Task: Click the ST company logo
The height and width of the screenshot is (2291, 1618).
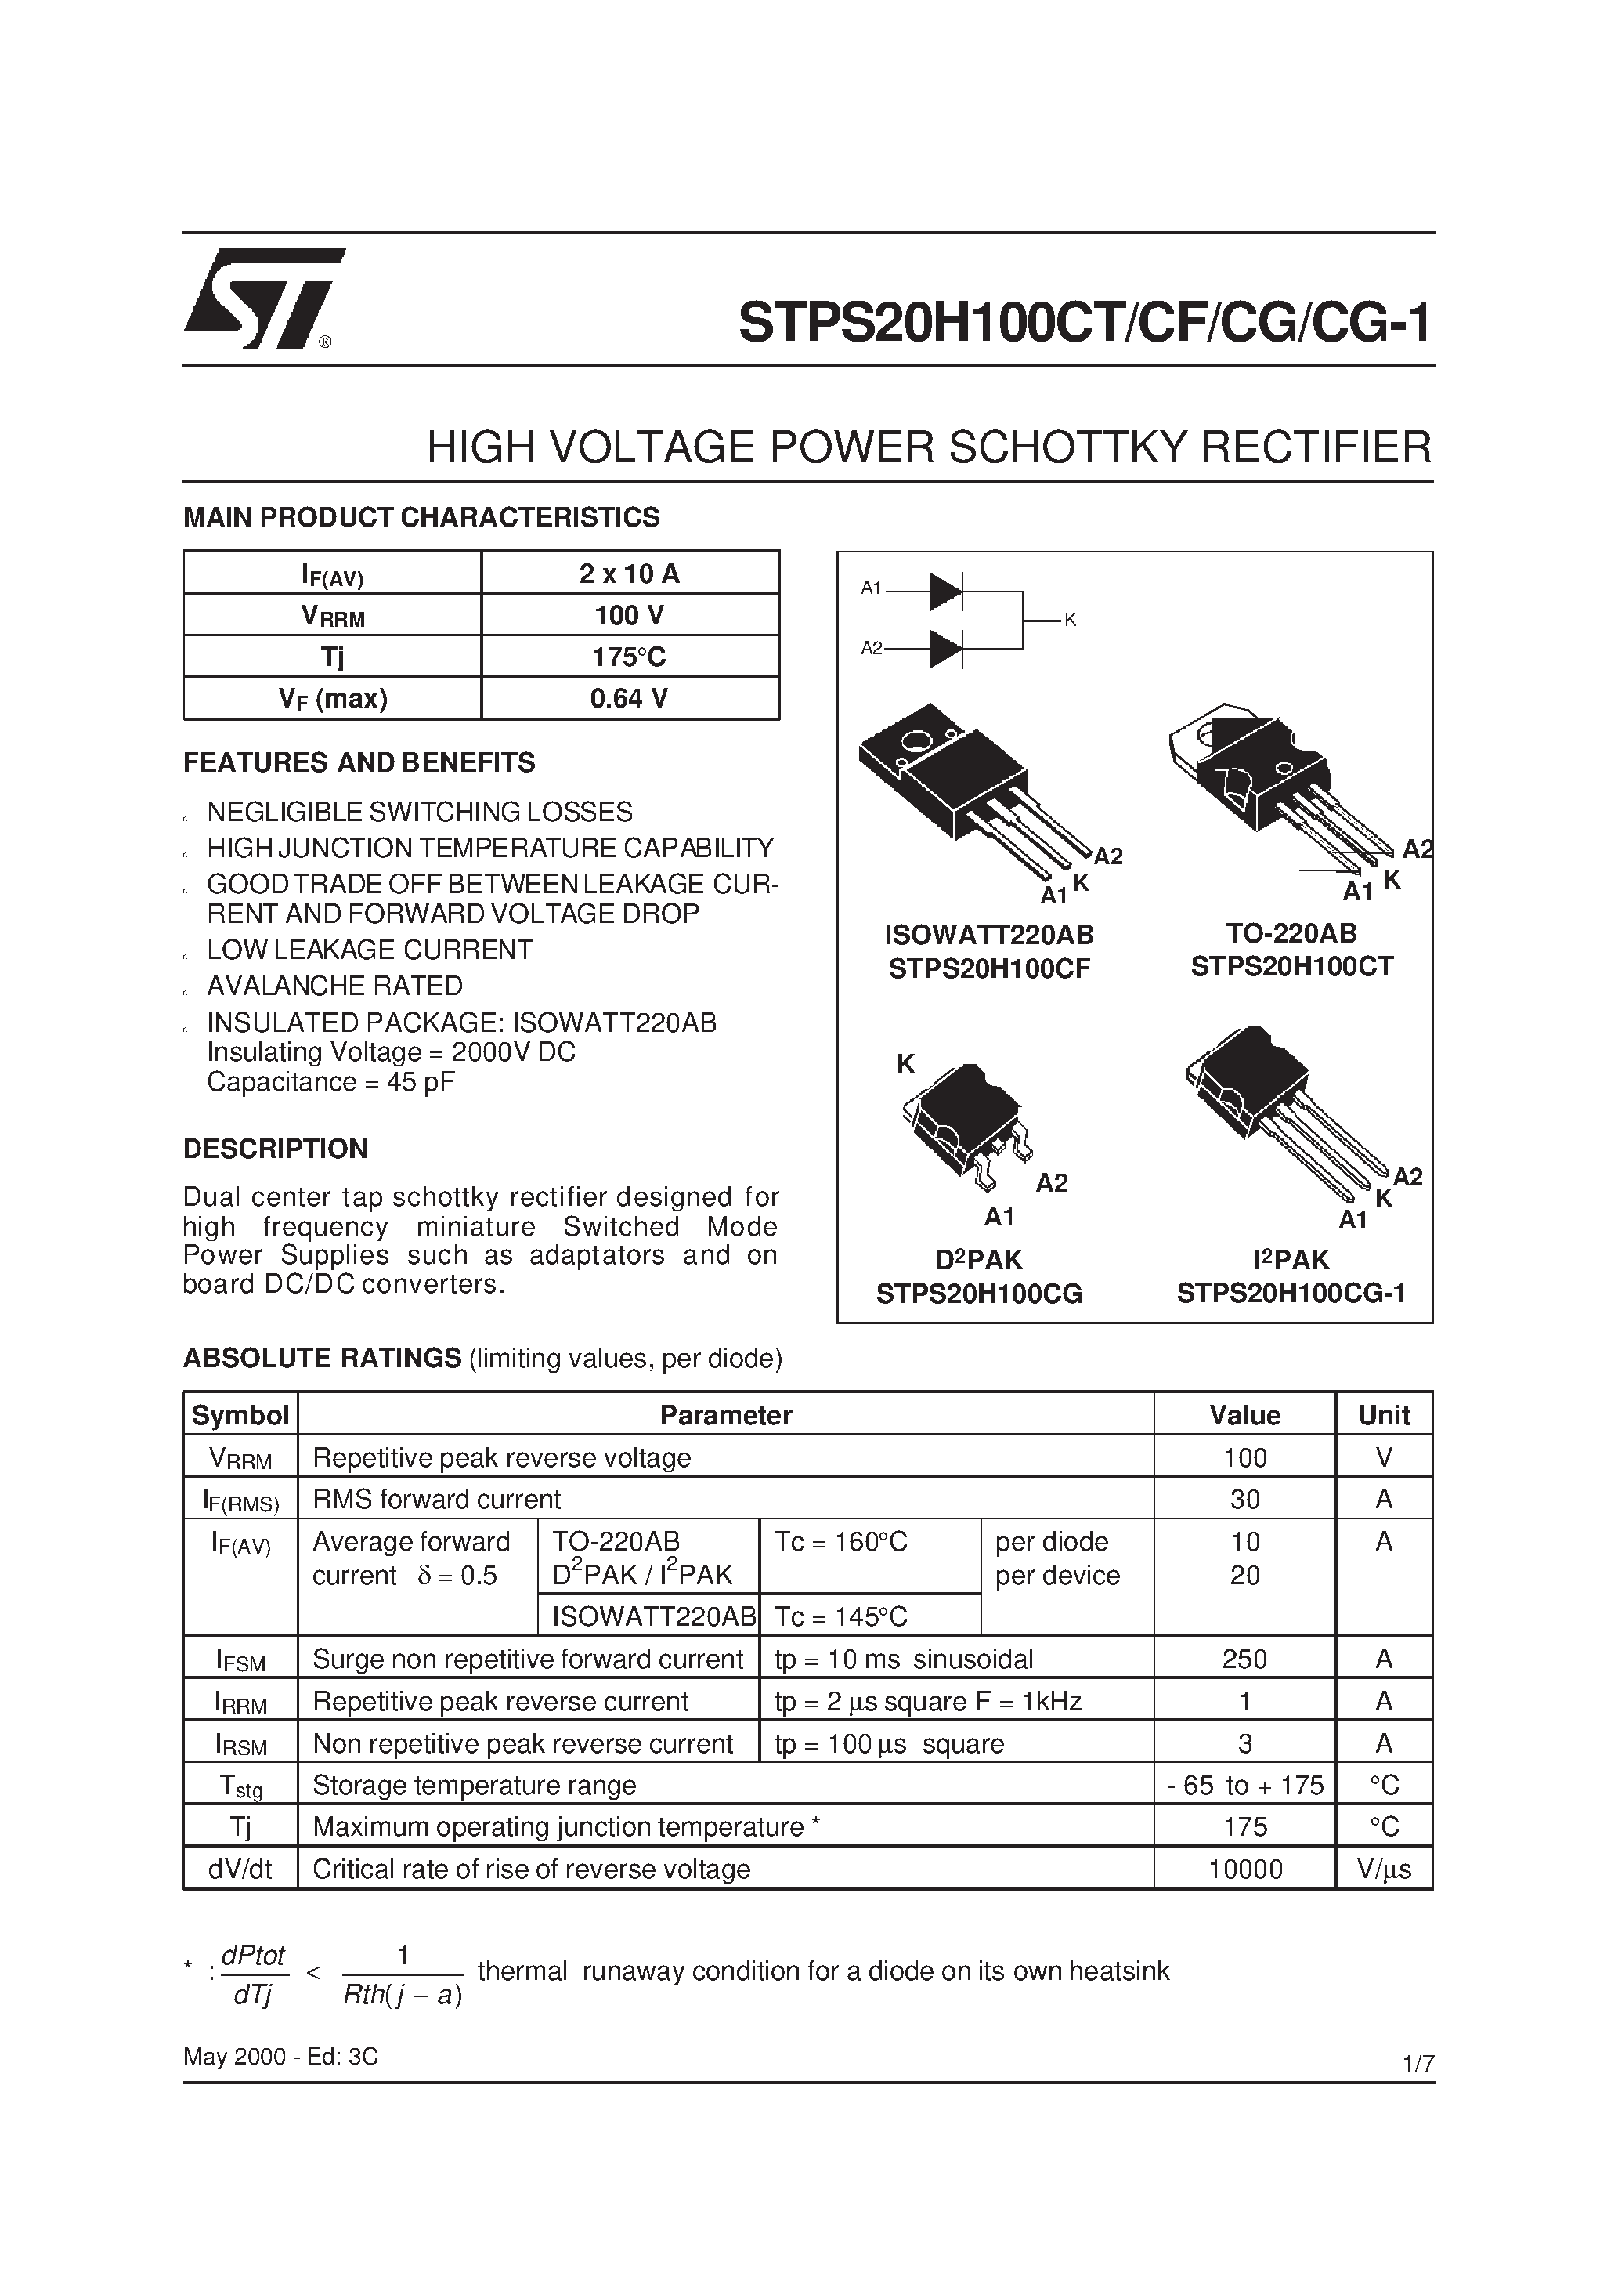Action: tap(262, 298)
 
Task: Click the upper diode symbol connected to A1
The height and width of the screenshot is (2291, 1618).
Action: tap(944, 592)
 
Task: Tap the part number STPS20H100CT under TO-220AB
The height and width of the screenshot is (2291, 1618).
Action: tap(1291, 967)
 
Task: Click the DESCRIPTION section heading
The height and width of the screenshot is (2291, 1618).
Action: tap(276, 1149)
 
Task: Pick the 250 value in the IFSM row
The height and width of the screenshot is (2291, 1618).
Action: tap(1244, 1659)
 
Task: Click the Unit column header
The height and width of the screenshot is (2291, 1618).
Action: tap(1384, 1415)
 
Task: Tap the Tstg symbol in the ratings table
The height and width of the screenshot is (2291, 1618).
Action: tap(240, 1786)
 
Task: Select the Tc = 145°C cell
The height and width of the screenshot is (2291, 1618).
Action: tap(841, 1616)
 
